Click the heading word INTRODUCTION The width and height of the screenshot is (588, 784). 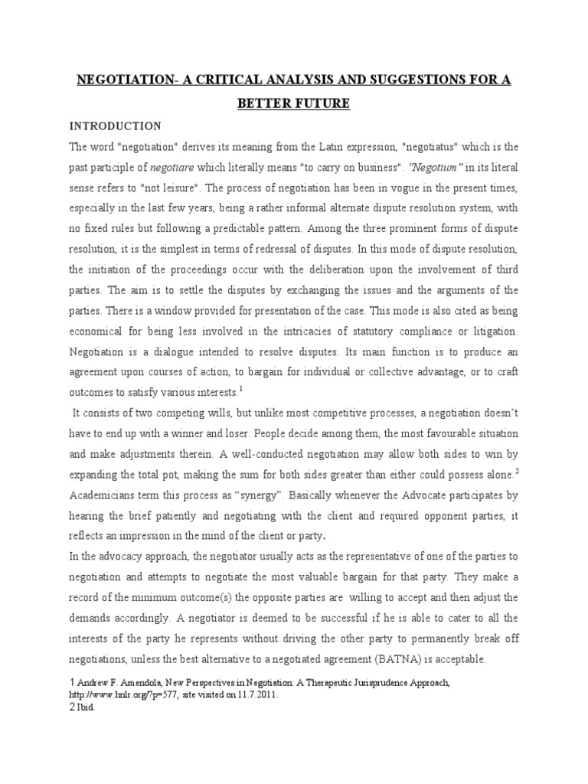(x=115, y=126)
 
